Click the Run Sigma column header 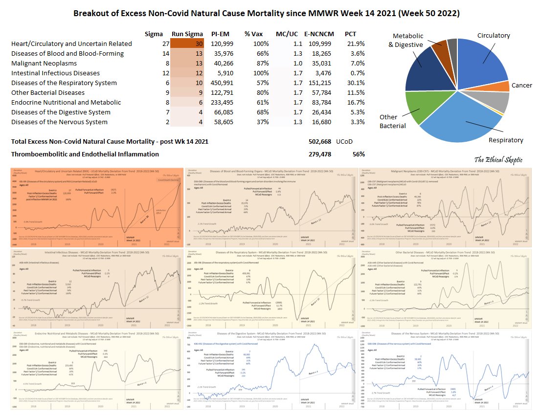coord(187,34)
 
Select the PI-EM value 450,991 coord(222,83)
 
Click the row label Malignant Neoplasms coord(44,64)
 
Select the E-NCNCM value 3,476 coord(321,73)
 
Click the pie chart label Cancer coord(521,86)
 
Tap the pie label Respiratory coord(506,140)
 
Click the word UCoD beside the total coord(345,142)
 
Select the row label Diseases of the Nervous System coord(59,122)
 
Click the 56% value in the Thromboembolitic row coord(359,154)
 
